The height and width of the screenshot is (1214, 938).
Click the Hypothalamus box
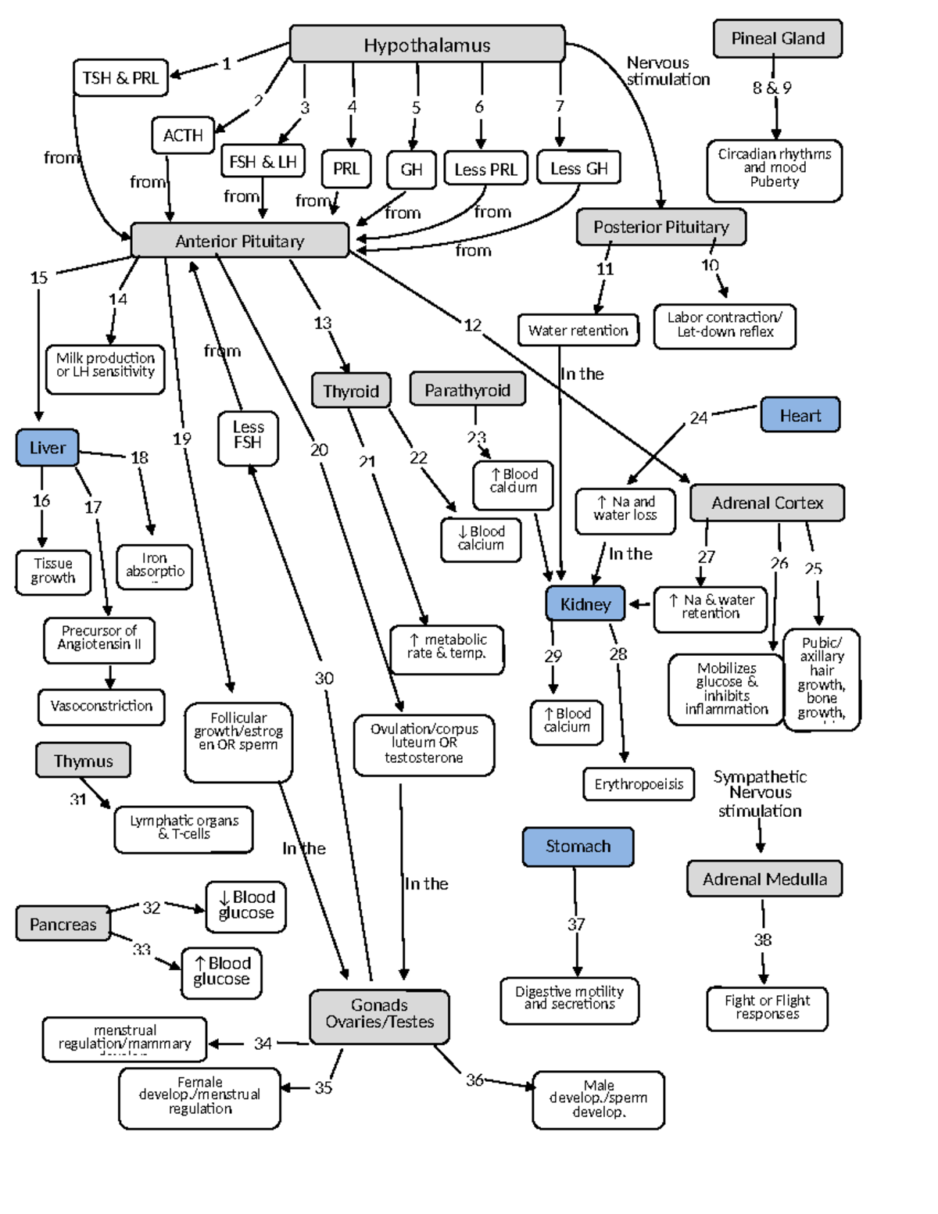point(427,45)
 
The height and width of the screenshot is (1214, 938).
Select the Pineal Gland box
point(777,38)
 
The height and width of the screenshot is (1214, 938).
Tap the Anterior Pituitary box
point(239,241)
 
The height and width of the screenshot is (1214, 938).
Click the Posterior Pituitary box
point(661,227)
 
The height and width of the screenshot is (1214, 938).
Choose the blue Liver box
point(47,448)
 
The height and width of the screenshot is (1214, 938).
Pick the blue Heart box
point(800,415)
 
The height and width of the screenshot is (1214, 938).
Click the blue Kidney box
point(585,604)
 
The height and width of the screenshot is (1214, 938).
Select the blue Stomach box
point(578,847)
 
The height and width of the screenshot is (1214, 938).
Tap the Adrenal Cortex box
point(767,503)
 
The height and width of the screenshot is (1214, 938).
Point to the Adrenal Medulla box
point(764,879)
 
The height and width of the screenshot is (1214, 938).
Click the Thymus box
point(83,761)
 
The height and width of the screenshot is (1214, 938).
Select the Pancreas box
point(63,924)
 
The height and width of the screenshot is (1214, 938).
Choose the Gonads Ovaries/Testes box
point(379,1014)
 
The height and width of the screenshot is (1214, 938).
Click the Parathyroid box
point(467,389)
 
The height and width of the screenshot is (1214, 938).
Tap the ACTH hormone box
point(183,135)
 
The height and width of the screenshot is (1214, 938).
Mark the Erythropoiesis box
point(639,784)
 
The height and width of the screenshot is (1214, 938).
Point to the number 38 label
point(763,940)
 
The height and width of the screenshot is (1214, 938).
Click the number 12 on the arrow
point(473,325)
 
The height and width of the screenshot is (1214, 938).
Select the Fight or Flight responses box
point(767,1007)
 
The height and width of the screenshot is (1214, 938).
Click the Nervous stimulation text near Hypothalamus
point(668,71)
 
